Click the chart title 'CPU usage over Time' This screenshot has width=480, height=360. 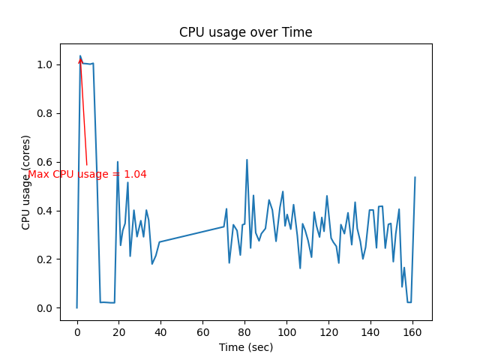click(245, 32)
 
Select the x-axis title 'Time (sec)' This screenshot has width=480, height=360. click(246, 347)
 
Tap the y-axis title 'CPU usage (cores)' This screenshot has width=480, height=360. click(26, 182)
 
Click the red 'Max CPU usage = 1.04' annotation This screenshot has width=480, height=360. click(87, 174)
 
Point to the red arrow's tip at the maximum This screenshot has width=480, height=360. click(80, 58)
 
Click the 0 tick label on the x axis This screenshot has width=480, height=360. click(76, 332)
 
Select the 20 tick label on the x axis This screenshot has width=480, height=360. click(118, 332)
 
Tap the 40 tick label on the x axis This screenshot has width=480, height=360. click(160, 332)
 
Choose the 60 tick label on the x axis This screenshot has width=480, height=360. click(202, 332)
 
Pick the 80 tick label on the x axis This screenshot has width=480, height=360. click(244, 332)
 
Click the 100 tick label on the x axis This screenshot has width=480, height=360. click(286, 332)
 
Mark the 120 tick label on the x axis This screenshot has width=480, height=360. click(328, 332)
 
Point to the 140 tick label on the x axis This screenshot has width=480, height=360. click(370, 332)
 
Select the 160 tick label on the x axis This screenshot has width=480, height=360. click(412, 332)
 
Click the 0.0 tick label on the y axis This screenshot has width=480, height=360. click(46, 308)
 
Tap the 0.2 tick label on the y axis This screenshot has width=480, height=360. click(46, 259)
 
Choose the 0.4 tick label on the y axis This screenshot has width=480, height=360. click(46, 211)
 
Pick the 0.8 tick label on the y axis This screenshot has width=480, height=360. click(46, 113)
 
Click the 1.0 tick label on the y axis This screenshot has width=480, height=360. click(46, 64)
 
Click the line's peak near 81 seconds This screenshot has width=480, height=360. click(247, 160)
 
